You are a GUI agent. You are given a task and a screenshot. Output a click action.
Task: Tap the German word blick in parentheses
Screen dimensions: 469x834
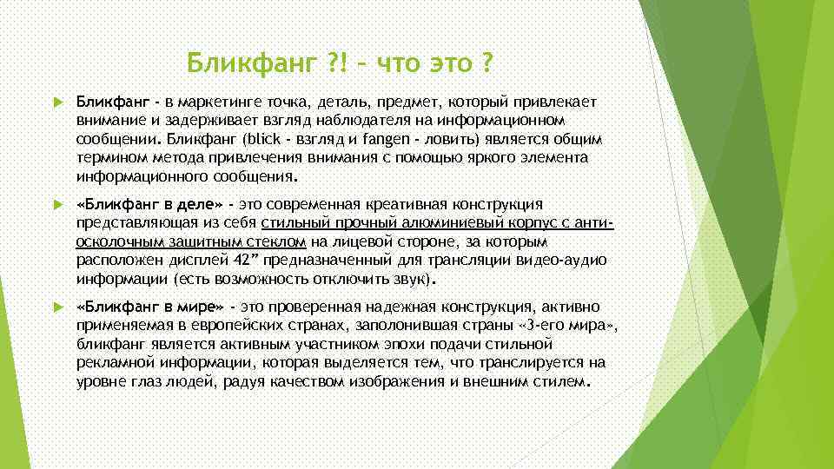click(262, 139)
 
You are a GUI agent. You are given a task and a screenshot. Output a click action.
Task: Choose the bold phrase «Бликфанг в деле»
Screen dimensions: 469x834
click(149, 203)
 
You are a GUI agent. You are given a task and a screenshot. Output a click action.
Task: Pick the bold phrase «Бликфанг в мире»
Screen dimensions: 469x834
click(150, 307)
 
